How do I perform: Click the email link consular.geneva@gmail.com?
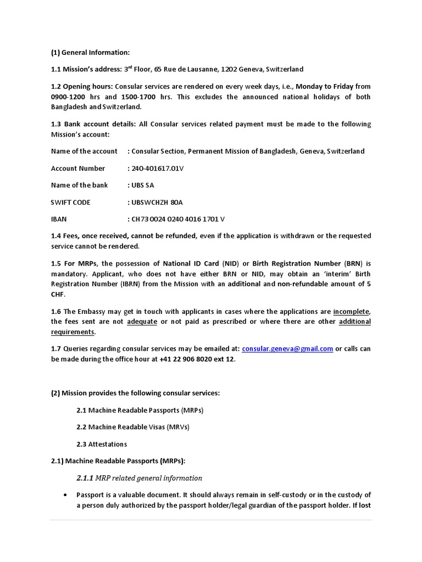pyautogui.click(x=287, y=349)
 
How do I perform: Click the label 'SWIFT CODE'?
pyautogui.click(x=70, y=202)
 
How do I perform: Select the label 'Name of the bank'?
pyautogui.click(x=79, y=185)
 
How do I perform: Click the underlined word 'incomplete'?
pyautogui.click(x=351, y=311)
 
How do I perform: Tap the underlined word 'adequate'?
pyautogui.click(x=142, y=322)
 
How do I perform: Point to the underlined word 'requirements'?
pyautogui.click(x=73, y=332)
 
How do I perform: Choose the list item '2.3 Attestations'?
pyautogui.click(x=102, y=443)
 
